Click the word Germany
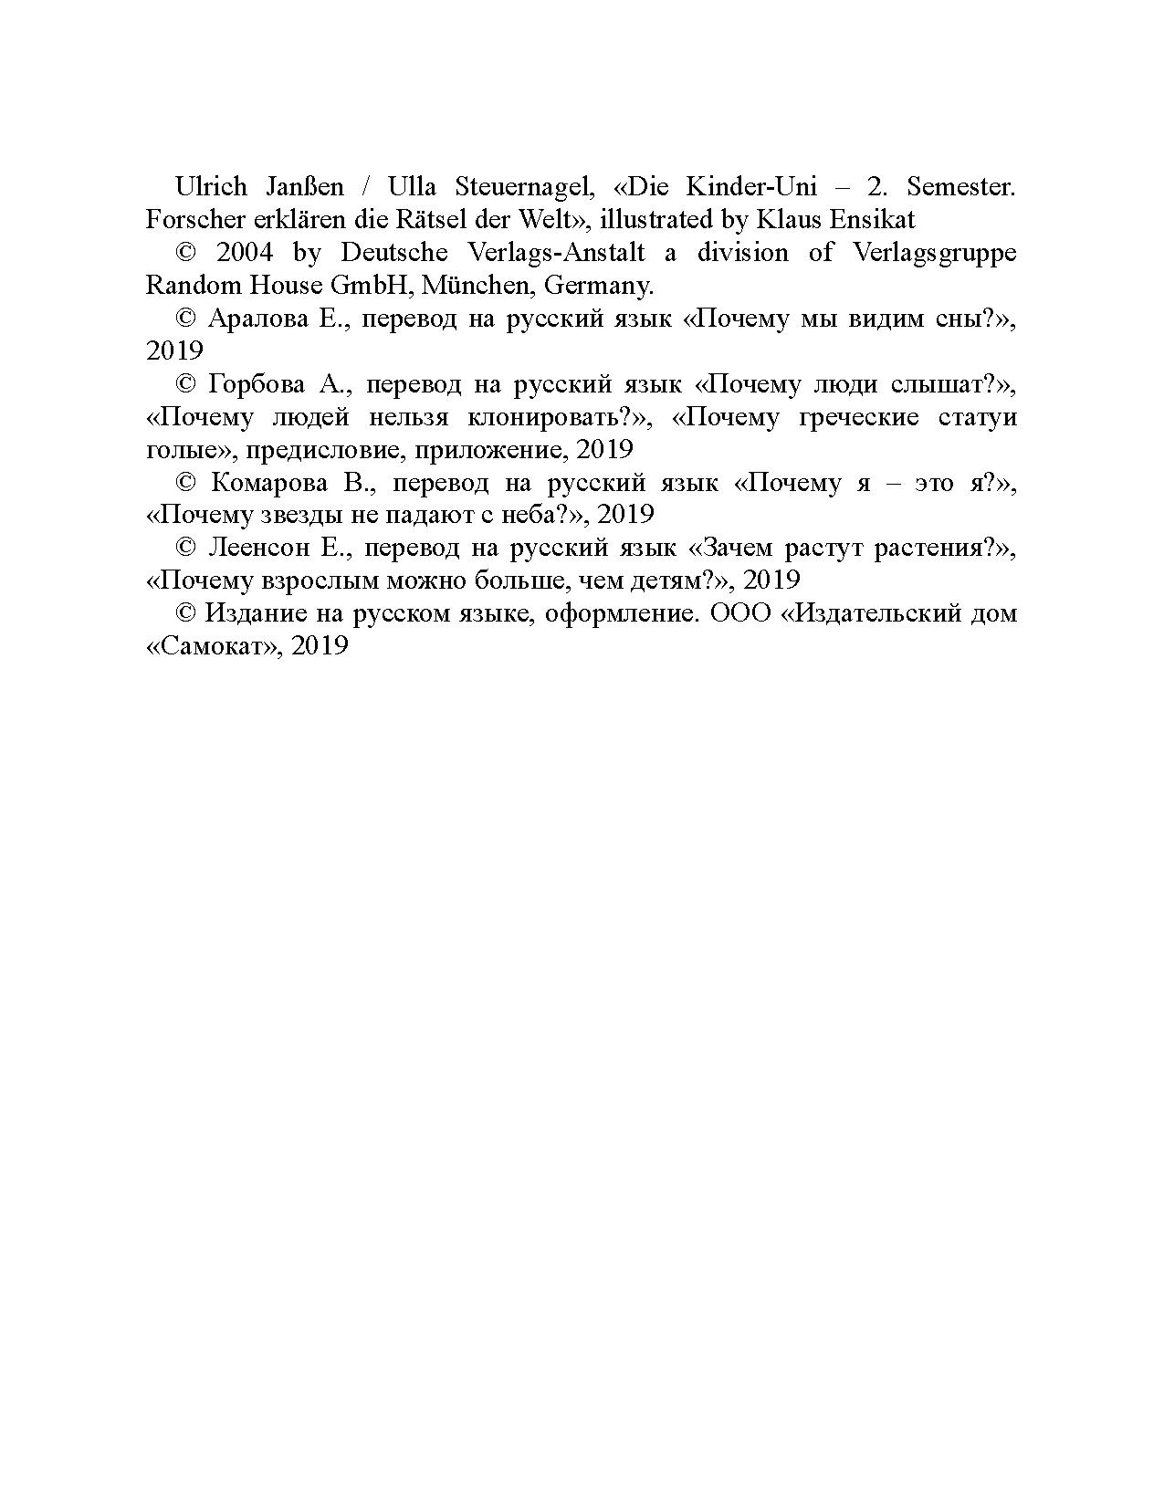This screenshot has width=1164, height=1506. pos(599,286)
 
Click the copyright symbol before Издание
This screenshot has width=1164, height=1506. pos(186,614)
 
